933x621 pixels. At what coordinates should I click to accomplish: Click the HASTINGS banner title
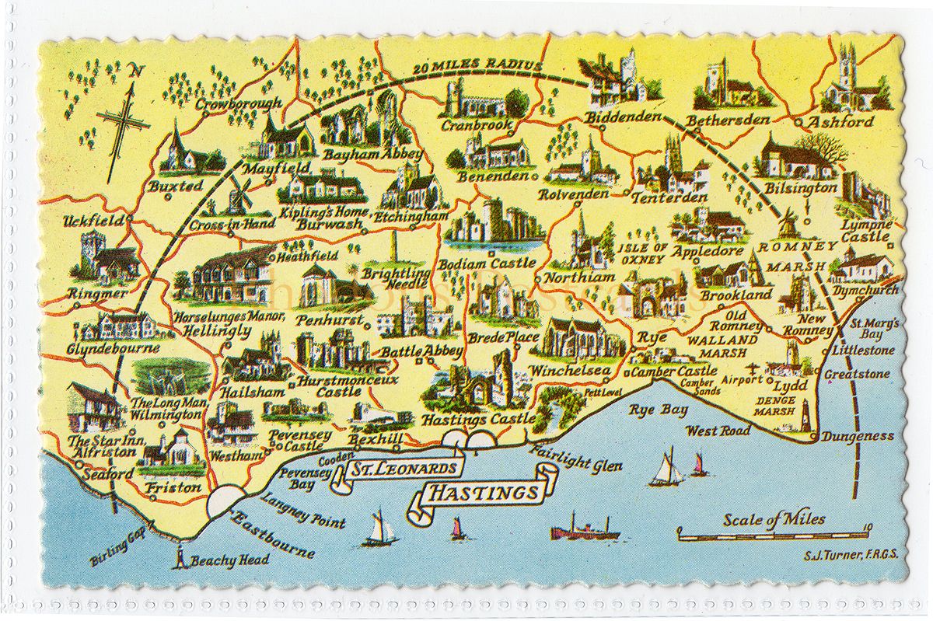(x=484, y=493)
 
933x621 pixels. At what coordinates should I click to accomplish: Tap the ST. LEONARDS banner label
(x=402, y=469)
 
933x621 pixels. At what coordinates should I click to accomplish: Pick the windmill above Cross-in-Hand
(x=238, y=194)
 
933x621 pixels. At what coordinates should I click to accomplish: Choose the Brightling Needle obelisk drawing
(x=393, y=249)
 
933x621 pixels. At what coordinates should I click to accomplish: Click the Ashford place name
(x=840, y=122)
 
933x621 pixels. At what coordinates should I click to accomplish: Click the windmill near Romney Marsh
(x=787, y=222)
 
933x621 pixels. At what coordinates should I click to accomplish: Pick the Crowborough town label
(x=238, y=104)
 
